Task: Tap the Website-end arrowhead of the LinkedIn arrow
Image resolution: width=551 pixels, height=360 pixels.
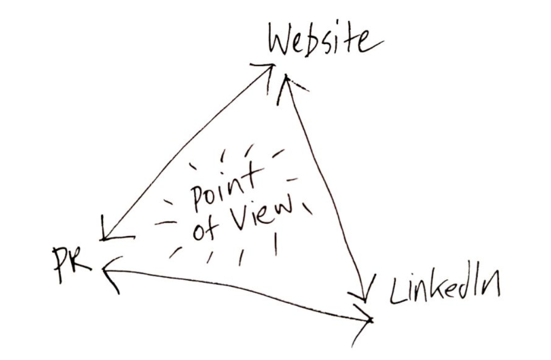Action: (286, 82)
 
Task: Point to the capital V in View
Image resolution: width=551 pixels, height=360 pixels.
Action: (237, 221)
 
